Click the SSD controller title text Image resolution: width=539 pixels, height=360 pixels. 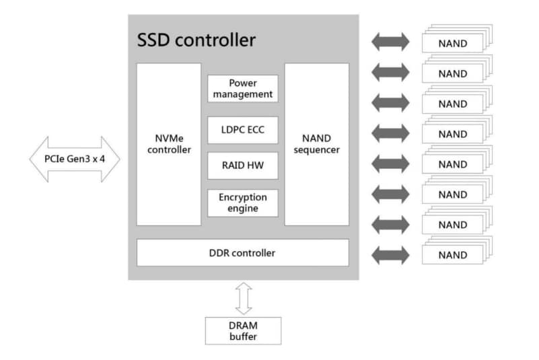click(x=196, y=40)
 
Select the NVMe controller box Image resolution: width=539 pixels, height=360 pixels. click(x=169, y=144)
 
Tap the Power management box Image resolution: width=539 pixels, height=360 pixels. click(x=242, y=88)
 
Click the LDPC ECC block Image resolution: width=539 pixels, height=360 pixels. click(x=242, y=130)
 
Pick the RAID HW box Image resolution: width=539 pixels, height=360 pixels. click(x=242, y=166)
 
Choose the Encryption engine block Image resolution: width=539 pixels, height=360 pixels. click(x=242, y=203)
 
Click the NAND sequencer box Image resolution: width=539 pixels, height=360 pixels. click(x=316, y=144)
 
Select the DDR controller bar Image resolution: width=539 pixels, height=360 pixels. click(x=242, y=253)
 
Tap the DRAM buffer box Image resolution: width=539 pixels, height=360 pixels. click(x=242, y=330)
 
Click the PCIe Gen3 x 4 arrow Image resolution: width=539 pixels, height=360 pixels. click(x=74, y=159)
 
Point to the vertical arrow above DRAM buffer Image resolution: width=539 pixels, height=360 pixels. click(x=243, y=296)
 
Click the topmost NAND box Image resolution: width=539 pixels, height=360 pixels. click(x=452, y=44)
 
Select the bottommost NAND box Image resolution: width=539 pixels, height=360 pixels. click(x=452, y=255)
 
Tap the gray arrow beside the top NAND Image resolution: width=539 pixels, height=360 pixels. click(x=390, y=42)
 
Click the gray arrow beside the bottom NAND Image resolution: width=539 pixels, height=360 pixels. click(x=390, y=255)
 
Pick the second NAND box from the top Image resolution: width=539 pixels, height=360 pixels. click(x=452, y=74)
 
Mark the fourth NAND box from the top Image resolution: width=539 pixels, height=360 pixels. click(x=452, y=135)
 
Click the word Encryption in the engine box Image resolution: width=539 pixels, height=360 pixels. click(x=242, y=197)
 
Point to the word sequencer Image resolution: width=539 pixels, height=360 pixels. click(x=316, y=150)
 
